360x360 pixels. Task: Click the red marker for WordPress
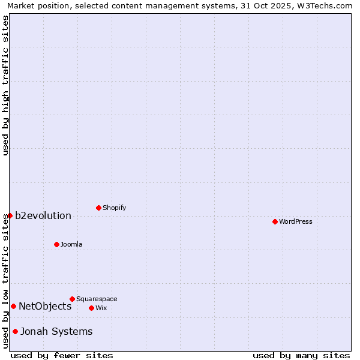click(275, 221)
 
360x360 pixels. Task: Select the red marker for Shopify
click(98, 208)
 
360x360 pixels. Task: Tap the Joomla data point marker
click(56, 244)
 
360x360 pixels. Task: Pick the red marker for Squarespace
click(72, 299)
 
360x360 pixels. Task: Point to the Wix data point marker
click(91, 308)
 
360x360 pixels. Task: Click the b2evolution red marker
click(10, 215)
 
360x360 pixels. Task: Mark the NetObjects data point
click(13, 306)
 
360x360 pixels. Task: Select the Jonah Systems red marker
click(15, 331)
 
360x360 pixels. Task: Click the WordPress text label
click(296, 222)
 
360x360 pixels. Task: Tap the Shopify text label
click(114, 208)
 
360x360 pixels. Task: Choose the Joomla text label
click(71, 245)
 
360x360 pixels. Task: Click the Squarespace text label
click(97, 299)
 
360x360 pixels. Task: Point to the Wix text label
click(101, 308)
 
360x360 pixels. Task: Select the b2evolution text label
click(43, 216)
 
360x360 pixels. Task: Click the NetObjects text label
click(45, 307)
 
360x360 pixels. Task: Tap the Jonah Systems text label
click(56, 332)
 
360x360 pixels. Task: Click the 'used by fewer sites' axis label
click(62, 355)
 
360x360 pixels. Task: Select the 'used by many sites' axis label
click(301, 355)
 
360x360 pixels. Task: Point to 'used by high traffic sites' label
click(5, 85)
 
